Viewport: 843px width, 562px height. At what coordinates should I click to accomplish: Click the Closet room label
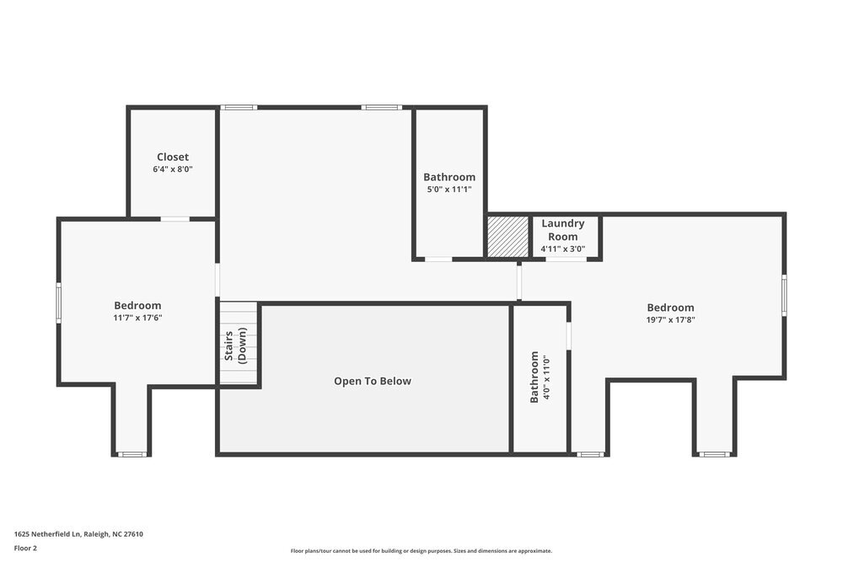coord(172,157)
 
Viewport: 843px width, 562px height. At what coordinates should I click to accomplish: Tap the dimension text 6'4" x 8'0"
coord(172,169)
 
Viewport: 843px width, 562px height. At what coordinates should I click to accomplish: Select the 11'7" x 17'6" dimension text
coord(137,318)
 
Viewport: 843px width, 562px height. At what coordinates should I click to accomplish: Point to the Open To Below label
coord(373,381)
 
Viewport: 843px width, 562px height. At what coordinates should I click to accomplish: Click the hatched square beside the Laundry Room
coord(507,237)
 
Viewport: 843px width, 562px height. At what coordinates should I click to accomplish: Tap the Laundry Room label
coord(562,230)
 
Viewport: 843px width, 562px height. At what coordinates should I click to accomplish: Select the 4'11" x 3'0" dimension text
coord(562,249)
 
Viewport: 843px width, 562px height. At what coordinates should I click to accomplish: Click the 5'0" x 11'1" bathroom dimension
coord(448,190)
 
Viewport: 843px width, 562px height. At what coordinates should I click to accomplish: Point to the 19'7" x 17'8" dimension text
coord(670,320)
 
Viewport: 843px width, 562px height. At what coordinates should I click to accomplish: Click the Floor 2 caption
coord(25,548)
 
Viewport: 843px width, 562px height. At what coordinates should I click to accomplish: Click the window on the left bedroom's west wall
coord(59,302)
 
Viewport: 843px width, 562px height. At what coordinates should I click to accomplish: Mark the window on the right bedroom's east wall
coord(784,296)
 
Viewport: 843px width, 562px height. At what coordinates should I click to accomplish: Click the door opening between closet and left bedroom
coord(175,219)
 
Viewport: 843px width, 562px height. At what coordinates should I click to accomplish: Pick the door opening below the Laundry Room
coord(566,260)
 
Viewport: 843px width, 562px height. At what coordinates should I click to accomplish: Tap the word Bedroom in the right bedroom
coord(670,308)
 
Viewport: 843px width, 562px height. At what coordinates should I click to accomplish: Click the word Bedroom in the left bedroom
coord(137,305)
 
